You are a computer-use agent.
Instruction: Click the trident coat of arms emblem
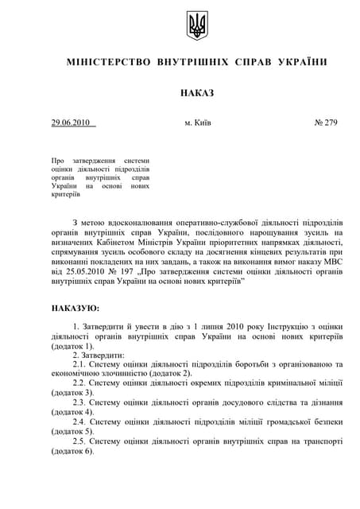point(196,26)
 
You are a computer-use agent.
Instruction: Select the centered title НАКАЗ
point(197,93)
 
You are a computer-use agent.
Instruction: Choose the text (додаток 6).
point(72,450)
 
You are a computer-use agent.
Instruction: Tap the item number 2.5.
point(79,441)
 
